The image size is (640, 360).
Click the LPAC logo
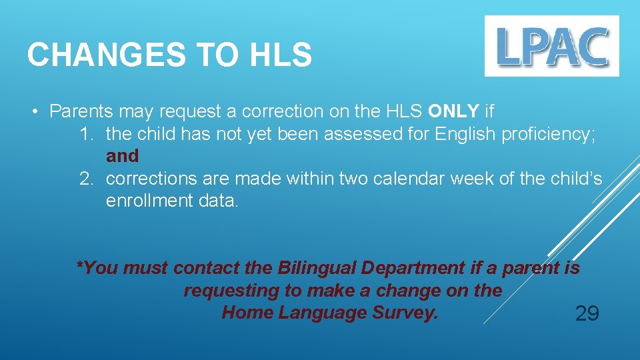click(551, 46)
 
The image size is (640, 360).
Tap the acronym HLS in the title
click(281, 55)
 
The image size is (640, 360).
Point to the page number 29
click(587, 313)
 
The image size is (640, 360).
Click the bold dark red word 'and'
click(122, 156)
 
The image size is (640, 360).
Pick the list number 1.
click(85, 133)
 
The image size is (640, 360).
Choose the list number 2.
click(85, 179)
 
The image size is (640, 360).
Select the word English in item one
click(465, 133)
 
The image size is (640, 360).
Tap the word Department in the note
click(411, 268)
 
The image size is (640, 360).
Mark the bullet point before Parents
click(35, 111)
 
